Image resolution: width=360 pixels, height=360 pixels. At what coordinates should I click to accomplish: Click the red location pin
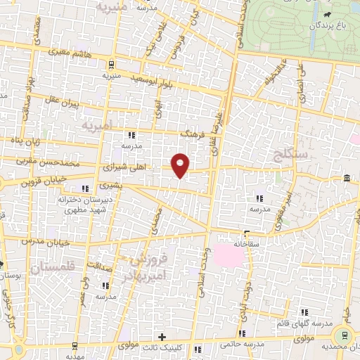click(181, 165)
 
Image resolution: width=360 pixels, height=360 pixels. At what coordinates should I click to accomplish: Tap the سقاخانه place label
click(250, 244)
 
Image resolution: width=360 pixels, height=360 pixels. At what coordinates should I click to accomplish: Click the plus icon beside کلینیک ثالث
click(162, 337)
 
